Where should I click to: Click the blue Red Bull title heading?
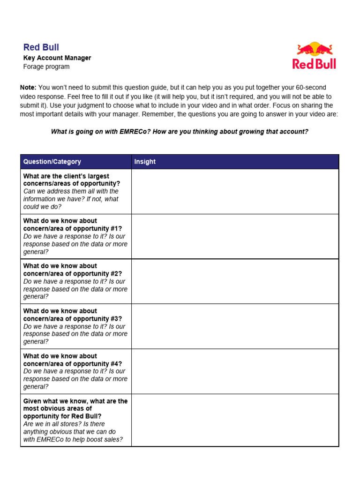click(x=41, y=47)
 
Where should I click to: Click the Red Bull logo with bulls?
click(x=314, y=56)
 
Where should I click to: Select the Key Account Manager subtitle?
click(x=57, y=58)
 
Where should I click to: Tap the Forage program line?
click(x=46, y=67)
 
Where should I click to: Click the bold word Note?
click(x=28, y=88)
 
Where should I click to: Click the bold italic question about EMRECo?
click(x=180, y=132)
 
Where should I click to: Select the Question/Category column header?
click(x=52, y=162)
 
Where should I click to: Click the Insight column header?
click(x=145, y=162)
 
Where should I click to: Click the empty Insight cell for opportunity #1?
click(x=235, y=236)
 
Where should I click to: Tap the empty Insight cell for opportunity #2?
click(x=235, y=281)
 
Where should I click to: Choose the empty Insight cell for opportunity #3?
click(x=235, y=326)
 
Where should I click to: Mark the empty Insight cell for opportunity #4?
click(x=235, y=371)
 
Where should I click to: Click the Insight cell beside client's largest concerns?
click(x=235, y=191)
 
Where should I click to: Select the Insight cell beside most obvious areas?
click(x=235, y=420)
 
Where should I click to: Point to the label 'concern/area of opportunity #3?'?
click(x=73, y=319)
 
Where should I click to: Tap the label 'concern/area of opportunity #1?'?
click(x=73, y=229)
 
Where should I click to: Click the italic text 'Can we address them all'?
click(x=70, y=191)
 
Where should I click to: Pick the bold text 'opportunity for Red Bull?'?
click(x=62, y=416)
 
